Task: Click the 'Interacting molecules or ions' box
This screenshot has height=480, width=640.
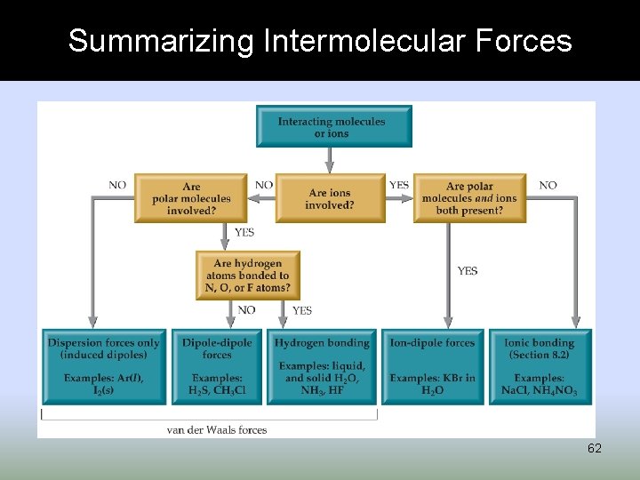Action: coord(333,127)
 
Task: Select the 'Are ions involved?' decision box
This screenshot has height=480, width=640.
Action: coord(330,198)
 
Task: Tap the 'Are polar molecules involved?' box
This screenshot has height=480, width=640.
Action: coord(191,198)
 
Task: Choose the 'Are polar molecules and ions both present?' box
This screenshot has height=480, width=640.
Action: coord(468,198)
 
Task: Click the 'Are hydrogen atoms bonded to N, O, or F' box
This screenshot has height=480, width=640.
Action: coord(248,276)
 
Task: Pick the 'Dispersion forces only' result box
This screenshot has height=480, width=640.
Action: coord(104,366)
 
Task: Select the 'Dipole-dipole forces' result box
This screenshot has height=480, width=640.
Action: coord(217,366)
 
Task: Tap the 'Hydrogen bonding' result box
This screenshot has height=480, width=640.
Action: coord(322,366)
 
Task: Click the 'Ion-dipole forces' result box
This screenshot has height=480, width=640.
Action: coord(433,366)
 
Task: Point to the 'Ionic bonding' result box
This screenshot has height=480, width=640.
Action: coord(540,366)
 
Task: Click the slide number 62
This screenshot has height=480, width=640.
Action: coord(594,449)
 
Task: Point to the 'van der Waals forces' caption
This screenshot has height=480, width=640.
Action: coord(217,430)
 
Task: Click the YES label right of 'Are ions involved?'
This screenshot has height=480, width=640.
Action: coord(399,185)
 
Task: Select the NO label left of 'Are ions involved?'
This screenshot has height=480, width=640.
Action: coord(264,185)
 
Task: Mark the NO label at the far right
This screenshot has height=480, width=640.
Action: coord(548,185)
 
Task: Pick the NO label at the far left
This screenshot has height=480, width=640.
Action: coord(117,185)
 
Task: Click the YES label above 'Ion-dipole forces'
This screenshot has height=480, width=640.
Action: coord(468,270)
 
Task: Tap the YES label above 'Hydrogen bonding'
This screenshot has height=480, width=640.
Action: coord(302,310)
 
